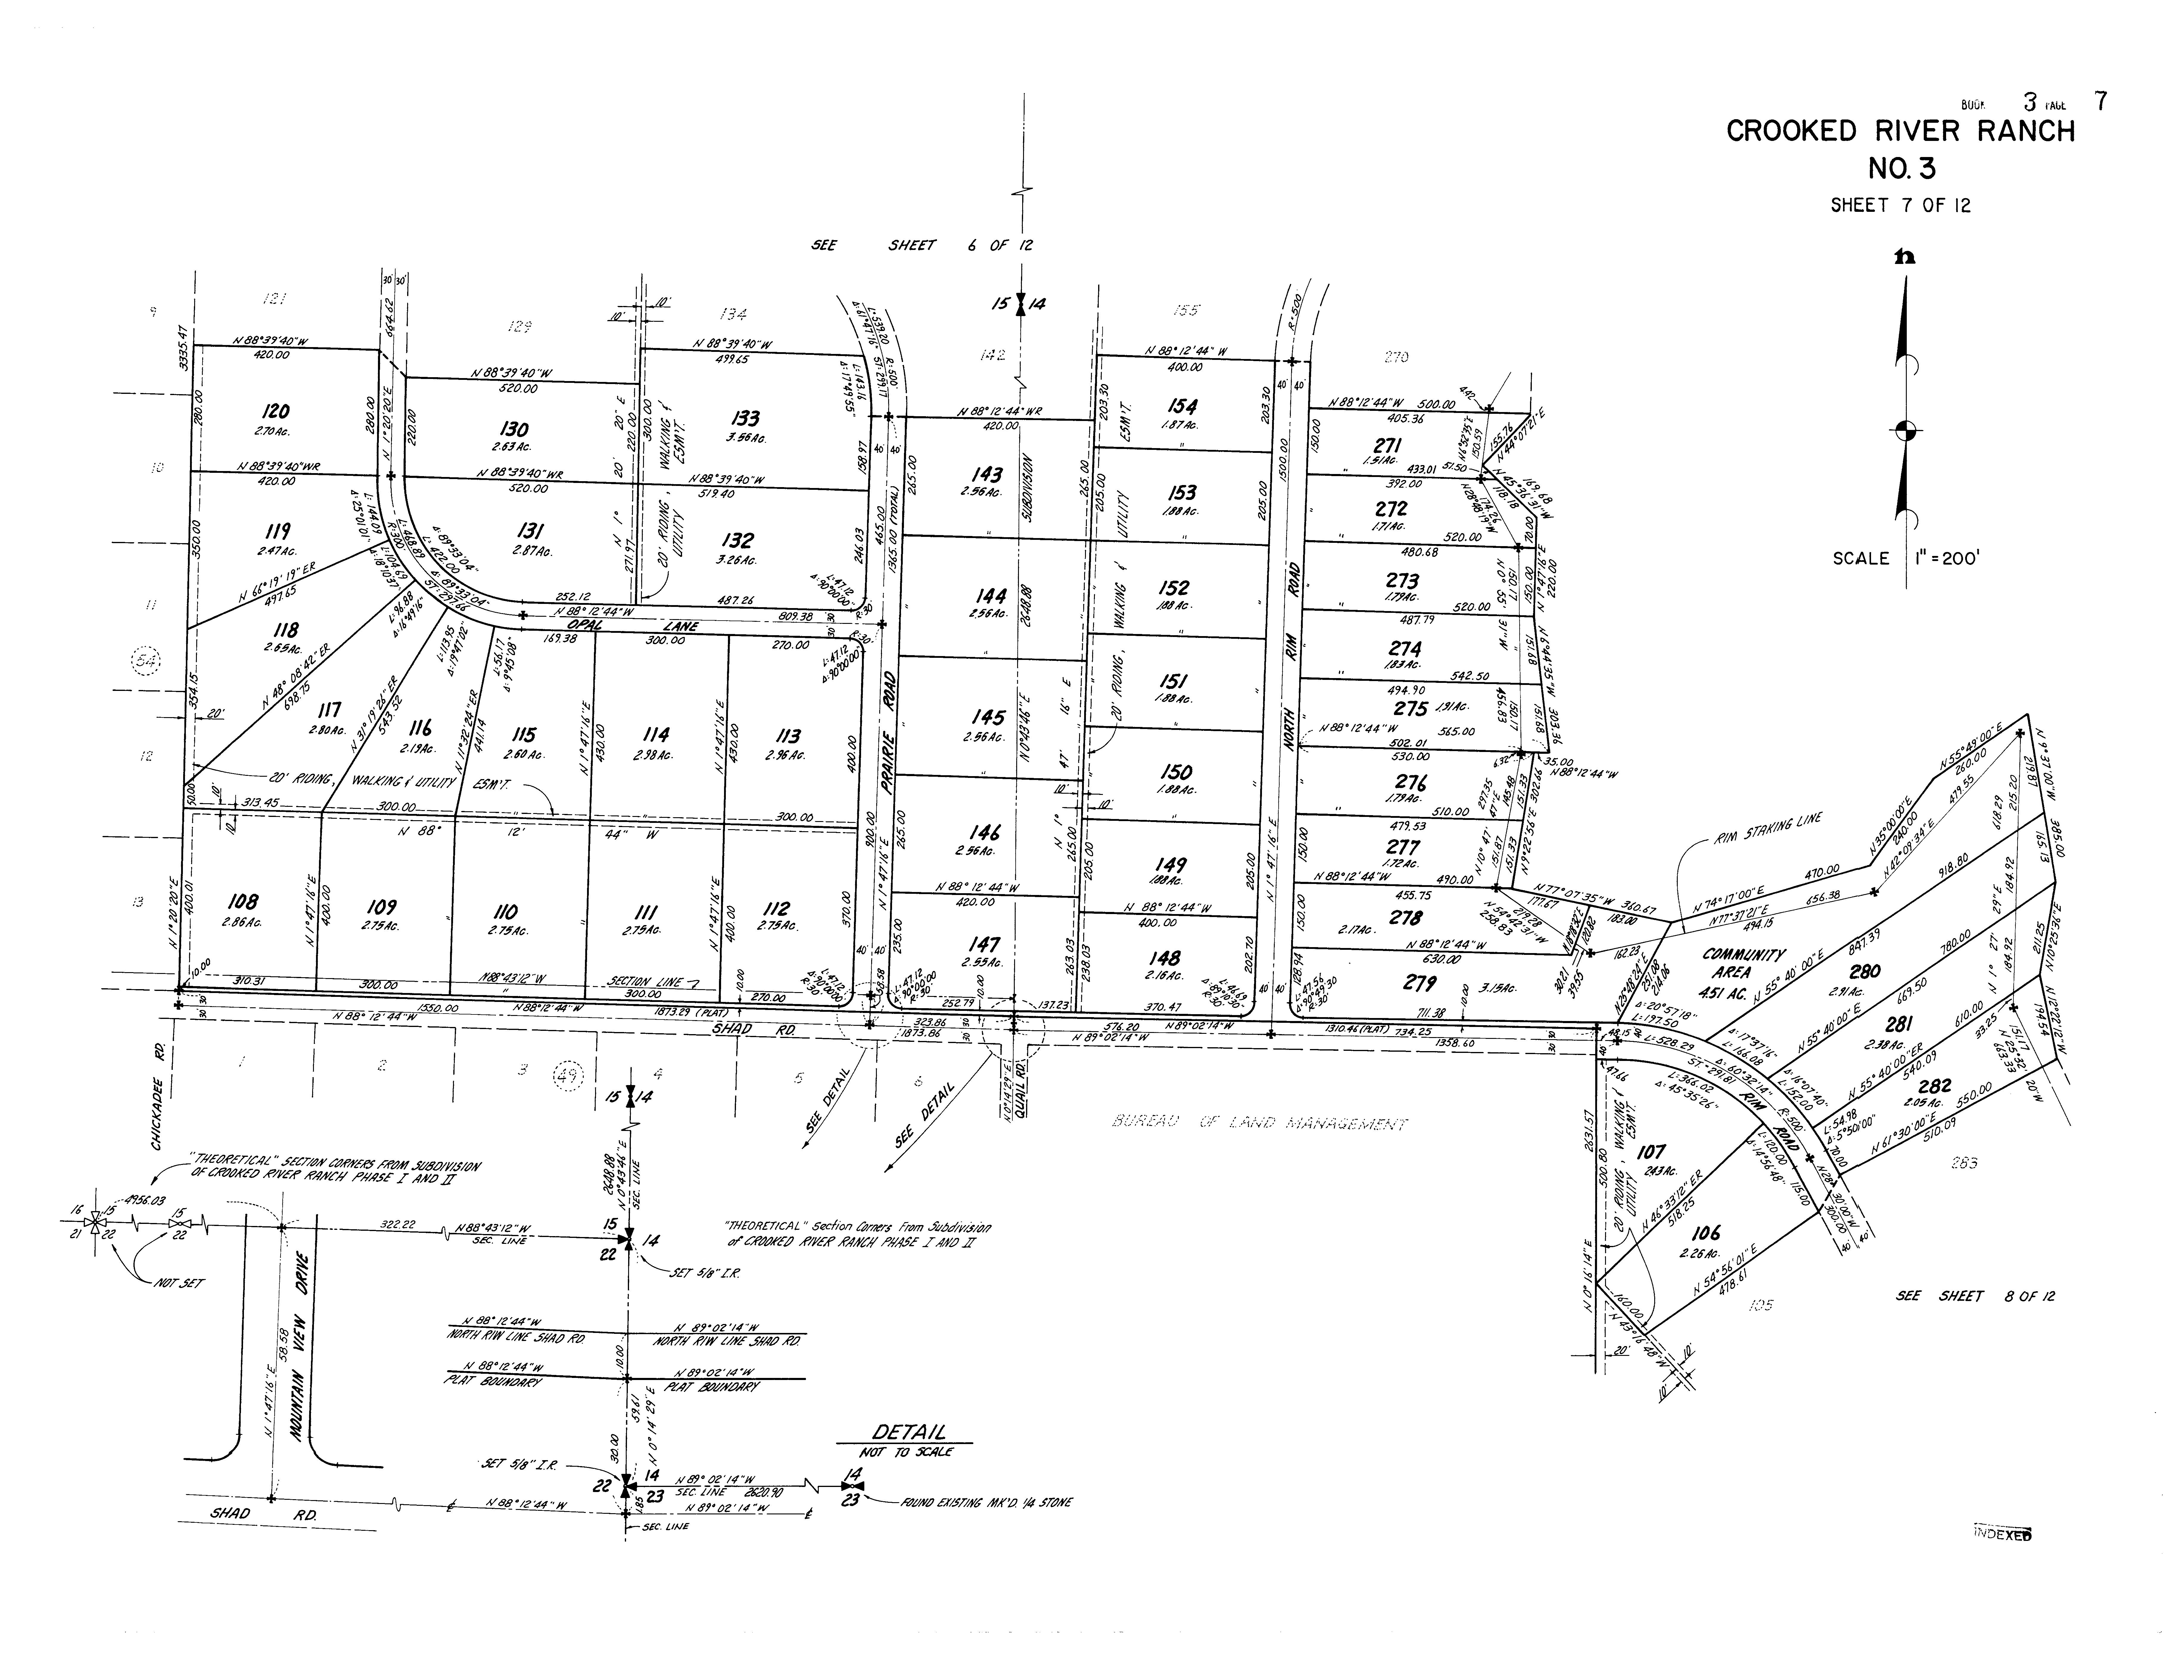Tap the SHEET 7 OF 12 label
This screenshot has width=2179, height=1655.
tap(1900, 206)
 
